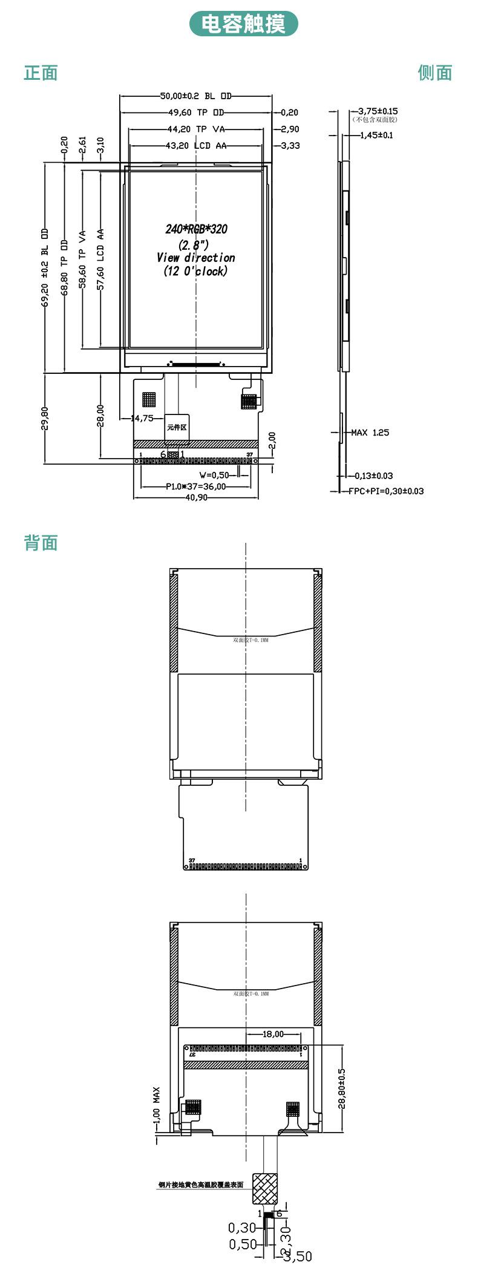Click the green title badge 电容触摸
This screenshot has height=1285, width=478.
pos(243,24)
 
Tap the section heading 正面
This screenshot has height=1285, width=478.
pos(41,73)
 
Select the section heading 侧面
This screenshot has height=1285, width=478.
pos(434,73)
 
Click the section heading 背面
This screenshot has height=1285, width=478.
pos(41,543)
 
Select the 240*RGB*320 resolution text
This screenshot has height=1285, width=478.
pos(196,229)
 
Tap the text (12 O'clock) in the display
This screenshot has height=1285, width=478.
pos(195,272)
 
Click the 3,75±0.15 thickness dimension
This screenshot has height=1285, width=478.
pos(378,111)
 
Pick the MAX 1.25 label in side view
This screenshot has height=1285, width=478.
pos(370,433)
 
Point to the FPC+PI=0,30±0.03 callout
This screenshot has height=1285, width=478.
pos(385,491)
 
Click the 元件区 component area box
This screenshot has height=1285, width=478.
pos(177,427)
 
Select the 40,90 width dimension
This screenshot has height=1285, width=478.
pos(196,497)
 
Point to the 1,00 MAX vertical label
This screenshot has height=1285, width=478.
pos(157,1104)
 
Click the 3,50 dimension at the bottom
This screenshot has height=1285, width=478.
pos(298,1274)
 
